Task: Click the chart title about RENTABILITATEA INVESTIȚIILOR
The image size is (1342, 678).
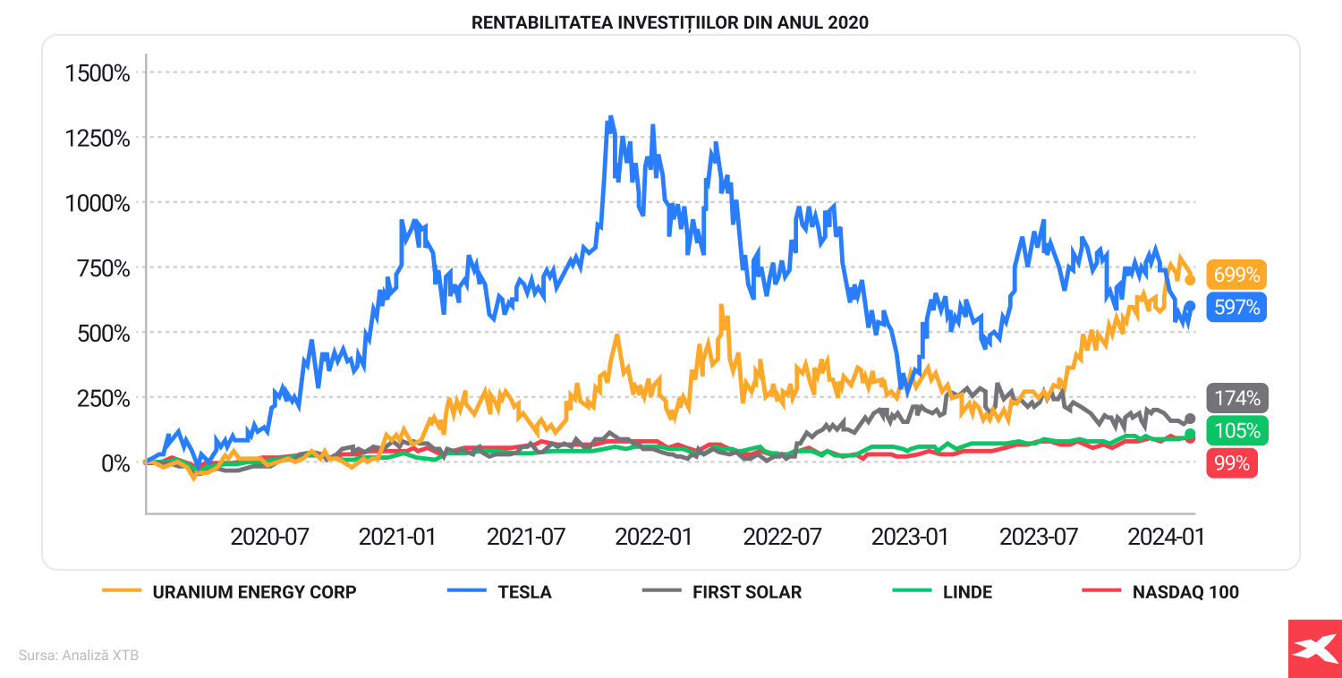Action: [x=670, y=22]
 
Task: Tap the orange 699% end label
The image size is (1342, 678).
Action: [x=1236, y=275]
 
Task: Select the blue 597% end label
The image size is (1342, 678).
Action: [x=1236, y=308]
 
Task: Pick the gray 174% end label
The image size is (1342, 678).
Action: [x=1236, y=398]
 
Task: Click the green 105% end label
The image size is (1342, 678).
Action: [x=1236, y=430]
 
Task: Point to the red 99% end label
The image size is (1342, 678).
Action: [x=1232, y=463]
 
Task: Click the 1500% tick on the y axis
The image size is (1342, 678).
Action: [x=98, y=73]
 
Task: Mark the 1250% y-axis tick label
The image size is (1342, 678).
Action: [x=98, y=139]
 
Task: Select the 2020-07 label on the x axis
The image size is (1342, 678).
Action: [x=269, y=538]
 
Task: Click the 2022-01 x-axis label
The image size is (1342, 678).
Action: [x=654, y=538]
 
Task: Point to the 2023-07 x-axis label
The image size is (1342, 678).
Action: [x=1038, y=538]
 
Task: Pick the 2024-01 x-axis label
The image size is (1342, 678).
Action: [x=1166, y=538]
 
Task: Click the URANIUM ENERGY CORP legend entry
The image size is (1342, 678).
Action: [x=254, y=592]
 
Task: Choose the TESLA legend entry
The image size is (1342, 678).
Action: [x=524, y=592]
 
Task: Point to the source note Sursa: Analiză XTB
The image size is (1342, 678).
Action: [x=79, y=656]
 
